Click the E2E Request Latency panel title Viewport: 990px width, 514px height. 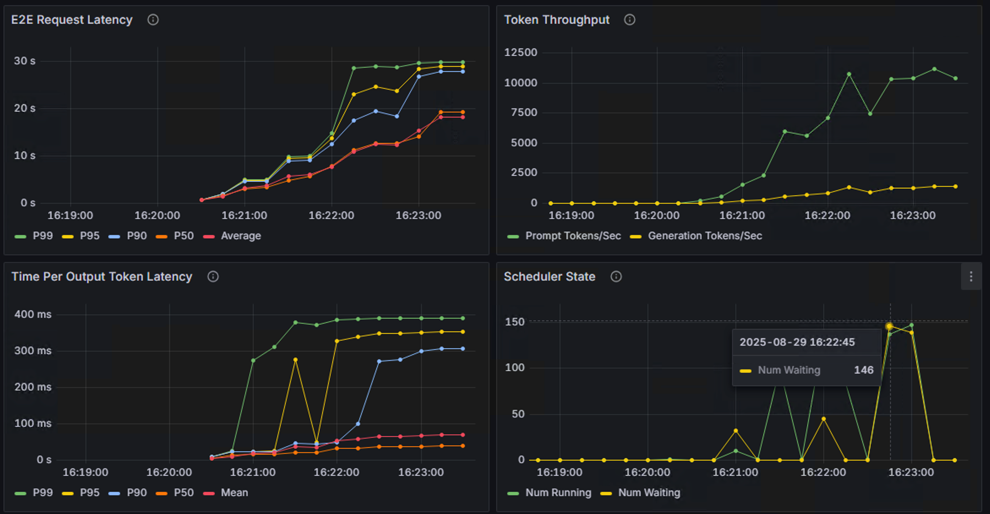[x=71, y=20]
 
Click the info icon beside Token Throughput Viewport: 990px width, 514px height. [x=629, y=20]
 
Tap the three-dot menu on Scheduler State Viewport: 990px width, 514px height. [x=971, y=276]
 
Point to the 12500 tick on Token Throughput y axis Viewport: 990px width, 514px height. [x=520, y=52]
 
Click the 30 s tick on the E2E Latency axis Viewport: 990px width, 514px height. [x=25, y=61]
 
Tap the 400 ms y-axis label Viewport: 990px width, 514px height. [x=33, y=314]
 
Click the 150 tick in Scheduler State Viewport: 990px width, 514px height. [x=514, y=322]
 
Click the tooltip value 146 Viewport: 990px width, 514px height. [x=863, y=370]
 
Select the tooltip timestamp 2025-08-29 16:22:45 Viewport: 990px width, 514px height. [x=797, y=342]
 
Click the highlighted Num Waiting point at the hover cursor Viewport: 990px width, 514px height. [x=889, y=326]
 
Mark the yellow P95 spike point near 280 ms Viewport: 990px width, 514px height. [x=295, y=360]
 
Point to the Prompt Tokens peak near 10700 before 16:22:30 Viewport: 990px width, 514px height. [x=849, y=74]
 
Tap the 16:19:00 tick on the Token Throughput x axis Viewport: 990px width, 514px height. [x=571, y=216]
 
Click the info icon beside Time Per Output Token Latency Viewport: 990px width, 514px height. [x=213, y=276]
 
